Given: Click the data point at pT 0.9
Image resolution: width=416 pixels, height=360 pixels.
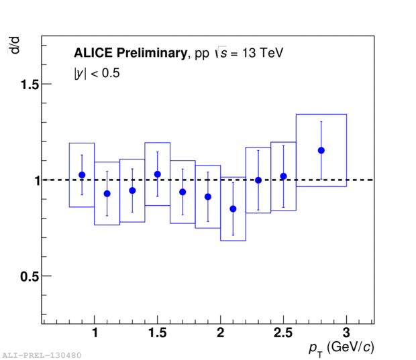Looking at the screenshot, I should pyautogui.click(x=82, y=175).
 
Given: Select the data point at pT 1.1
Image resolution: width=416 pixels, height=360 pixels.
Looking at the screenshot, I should pyautogui.click(x=107, y=194).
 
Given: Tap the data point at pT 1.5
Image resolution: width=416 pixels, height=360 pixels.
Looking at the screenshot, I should pyautogui.click(x=157, y=174).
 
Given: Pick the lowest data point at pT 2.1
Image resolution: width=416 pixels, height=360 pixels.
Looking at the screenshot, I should pyautogui.click(x=233, y=209).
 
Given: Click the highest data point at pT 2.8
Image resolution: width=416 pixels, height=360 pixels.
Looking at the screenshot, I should pyautogui.click(x=321, y=150).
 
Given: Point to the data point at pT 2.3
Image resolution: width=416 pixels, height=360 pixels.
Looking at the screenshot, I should pyautogui.click(x=258, y=180).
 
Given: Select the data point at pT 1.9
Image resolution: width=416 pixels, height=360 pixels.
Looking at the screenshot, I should pyautogui.click(x=208, y=197).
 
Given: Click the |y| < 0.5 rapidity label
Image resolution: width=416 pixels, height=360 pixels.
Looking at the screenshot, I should pyautogui.click(x=97, y=74).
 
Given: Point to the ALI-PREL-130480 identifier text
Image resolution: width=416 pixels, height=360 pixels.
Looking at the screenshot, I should pyautogui.click(x=42, y=355).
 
